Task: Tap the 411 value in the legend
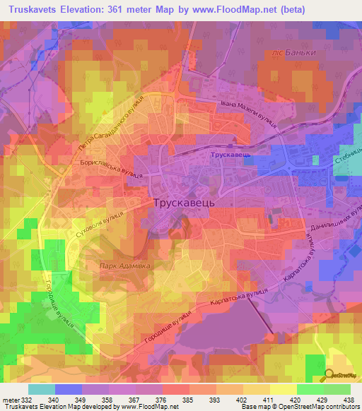[x=267, y=398]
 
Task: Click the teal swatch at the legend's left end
[x=42, y=389]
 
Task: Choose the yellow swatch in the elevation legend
[x=283, y=389]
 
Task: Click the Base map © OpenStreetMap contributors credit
[x=300, y=407]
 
